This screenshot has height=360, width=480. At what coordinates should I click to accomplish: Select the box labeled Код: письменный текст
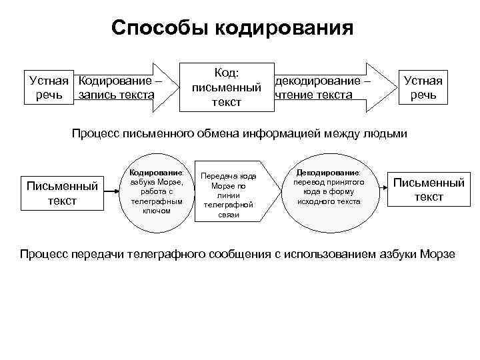pyautogui.click(x=225, y=87)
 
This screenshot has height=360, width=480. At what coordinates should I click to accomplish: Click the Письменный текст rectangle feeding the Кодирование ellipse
pyautogui.click(x=62, y=193)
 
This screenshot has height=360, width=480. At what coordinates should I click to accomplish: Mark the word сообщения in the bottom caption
pyautogui.click(x=239, y=253)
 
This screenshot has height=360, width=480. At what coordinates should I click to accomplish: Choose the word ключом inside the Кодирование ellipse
pyautogui.click(x=157, y=211)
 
